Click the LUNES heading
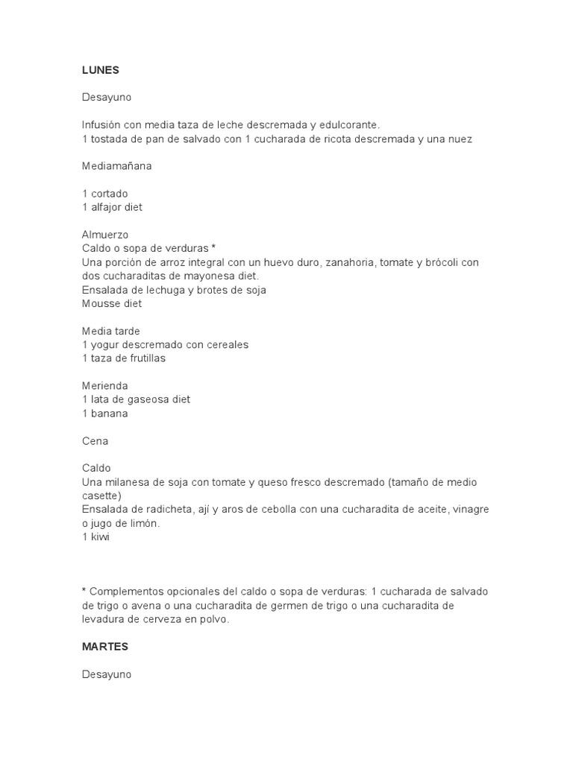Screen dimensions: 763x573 (100, 70)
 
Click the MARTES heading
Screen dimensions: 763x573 (104, 647)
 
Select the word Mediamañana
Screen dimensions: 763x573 (116, 166)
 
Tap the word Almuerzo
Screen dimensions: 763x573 (105, 235)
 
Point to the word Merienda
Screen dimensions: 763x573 (105, 386)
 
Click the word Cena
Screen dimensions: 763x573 (95, 441)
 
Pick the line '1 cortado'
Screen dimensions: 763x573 (105, 194)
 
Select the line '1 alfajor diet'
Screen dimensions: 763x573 (112, 207)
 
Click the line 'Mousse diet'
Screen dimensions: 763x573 (111, 303)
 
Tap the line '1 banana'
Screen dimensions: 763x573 (105, 414)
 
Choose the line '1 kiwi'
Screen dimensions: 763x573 (95, 537)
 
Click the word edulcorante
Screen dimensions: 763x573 (348, 125)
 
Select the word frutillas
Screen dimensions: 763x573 (143, 358)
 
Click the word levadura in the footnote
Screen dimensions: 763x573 (102, 619)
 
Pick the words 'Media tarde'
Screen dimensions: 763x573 (111, 331)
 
